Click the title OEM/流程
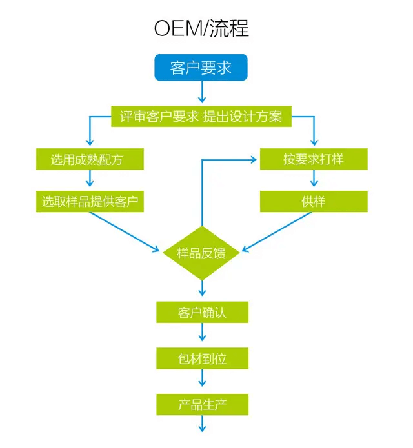click(x=202, y=28)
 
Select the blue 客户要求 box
click(x=201, y=68)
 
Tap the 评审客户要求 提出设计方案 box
click(x=201, y=117)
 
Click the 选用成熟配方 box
click(x=89, y=159)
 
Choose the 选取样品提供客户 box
click(x=89, y=201)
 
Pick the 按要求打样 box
click(x=314, y=159)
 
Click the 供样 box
click(x=314, y=201)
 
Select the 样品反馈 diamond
click(x=202, y=253)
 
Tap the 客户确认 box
click(x=202, y=313)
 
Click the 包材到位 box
click(x=202, y=359)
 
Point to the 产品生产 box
click(x=202, y=405)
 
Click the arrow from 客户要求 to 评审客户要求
click(x=202, y=93)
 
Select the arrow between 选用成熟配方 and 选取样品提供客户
click(x=89, y=180)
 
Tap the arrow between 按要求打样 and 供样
click(x=314, y=180)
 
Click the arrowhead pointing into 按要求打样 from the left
click(x=254, y=159)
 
